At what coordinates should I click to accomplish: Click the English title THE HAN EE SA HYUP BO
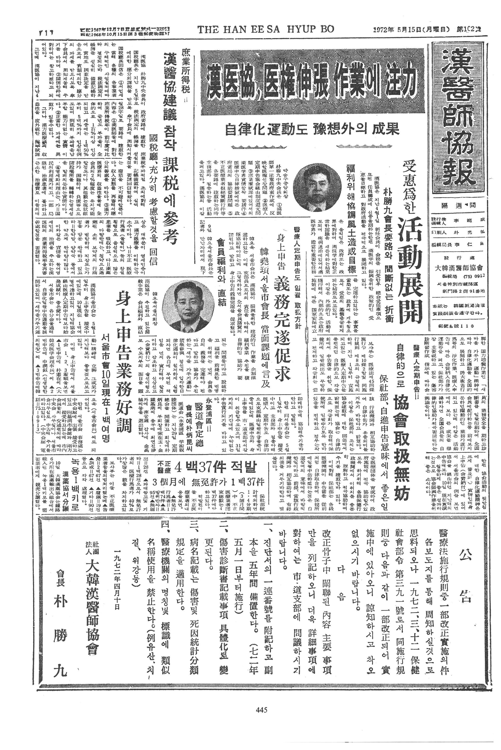coord(265,29)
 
